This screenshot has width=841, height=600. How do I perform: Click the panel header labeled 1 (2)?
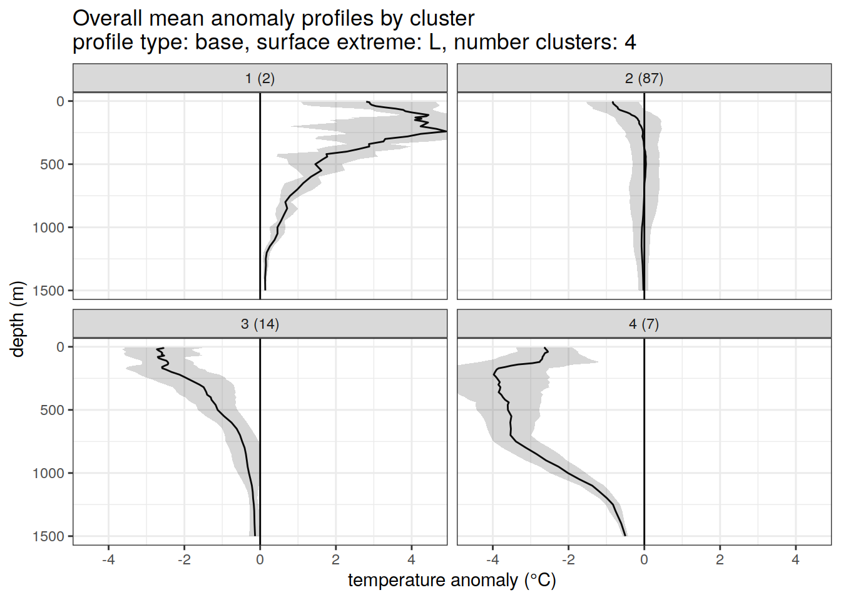(260, 78)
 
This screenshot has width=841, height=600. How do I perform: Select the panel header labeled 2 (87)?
(644, 78)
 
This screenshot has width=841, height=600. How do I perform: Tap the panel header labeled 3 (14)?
(260, 324)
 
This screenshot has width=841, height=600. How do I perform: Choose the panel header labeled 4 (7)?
(644, 324)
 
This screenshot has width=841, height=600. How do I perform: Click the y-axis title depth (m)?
(18, 319)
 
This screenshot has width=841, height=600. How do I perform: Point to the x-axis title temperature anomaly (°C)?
(452, 581)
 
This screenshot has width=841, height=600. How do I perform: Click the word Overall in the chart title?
(107, 19)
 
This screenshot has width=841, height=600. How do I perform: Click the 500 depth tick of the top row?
(53, 164)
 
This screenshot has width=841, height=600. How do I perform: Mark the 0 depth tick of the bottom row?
(61, 347)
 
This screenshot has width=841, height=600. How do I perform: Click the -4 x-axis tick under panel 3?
(108, 559)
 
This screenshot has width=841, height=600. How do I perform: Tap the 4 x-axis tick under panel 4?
(795, 559)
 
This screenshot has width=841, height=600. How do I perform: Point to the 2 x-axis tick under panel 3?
(336, 559)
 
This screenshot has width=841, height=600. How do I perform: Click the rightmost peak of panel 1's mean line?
(446, 131)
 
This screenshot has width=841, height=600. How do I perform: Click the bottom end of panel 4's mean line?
(625, 535)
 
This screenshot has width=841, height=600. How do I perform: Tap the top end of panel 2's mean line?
(613, 102)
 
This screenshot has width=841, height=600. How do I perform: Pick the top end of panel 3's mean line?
(163, 348)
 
